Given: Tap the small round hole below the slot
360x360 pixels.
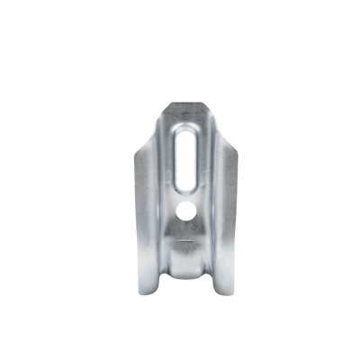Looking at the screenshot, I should (x=185, y=213).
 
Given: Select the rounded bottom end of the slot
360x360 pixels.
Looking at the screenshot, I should (x=184, y=190).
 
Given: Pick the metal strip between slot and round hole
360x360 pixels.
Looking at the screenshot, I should (x=184, y=199).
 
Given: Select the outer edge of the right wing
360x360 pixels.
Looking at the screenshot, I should (x=239, y=225).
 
